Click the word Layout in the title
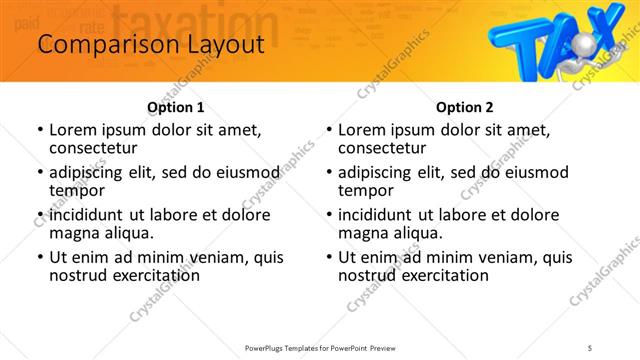tap(223, 45)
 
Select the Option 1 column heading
tap(175, 107)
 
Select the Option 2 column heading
tap(465, 107)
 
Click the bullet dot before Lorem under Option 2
tap(329, 131)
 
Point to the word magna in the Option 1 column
tap(73, 233)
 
